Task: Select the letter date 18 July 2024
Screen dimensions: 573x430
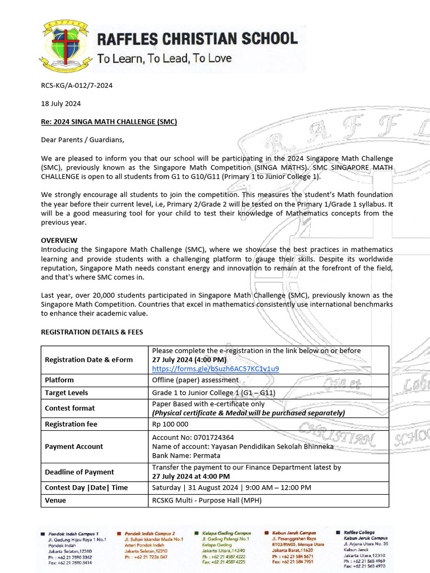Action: (x=61, y=104)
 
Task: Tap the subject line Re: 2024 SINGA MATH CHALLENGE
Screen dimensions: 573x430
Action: (x=109, y=121)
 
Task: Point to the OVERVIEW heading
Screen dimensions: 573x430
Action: (x=59, y=239)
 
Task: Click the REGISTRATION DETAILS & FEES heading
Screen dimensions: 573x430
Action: (x=92, y=332)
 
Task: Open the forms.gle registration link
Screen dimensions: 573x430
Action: (x=216, y=368)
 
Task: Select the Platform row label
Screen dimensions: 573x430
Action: (x=59, y=380)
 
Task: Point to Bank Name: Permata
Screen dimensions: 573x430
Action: (x=185, y=455)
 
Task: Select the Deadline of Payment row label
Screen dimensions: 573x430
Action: (x=80, y=472)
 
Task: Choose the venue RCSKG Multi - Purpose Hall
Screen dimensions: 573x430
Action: (x=207, y=500)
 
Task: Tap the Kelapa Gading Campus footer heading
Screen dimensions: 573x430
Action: (x=226, y=534)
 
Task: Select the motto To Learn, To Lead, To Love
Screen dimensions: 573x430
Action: (x=164, y=58)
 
